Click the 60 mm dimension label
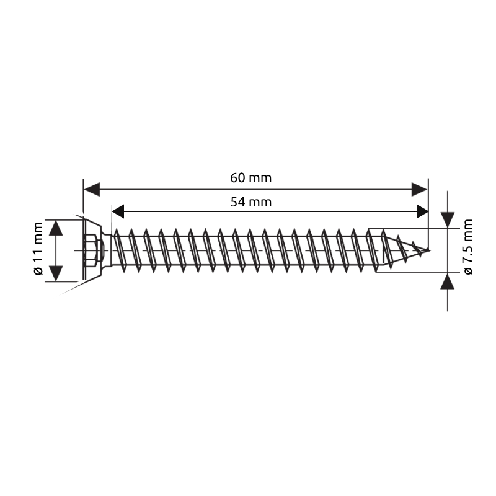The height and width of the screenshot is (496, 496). (251, 178)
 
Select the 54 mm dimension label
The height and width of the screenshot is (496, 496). (251, 201)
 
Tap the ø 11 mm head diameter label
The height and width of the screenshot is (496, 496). (38, 250)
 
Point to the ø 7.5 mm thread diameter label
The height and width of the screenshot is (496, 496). (467, 247)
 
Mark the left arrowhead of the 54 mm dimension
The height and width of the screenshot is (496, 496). (118, 211)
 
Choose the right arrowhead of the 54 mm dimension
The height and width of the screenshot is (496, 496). (420, 211)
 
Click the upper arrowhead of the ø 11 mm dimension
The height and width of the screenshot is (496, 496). (56, 228)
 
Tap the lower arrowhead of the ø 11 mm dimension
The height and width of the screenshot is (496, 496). (56, 272)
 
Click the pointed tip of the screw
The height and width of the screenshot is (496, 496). (428, 251)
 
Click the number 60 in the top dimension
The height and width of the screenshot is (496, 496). (239, 178)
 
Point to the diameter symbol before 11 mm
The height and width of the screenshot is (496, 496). (38, 271)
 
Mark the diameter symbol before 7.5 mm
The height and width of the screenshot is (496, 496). (467, 270)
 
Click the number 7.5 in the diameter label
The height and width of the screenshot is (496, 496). (467, 255)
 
